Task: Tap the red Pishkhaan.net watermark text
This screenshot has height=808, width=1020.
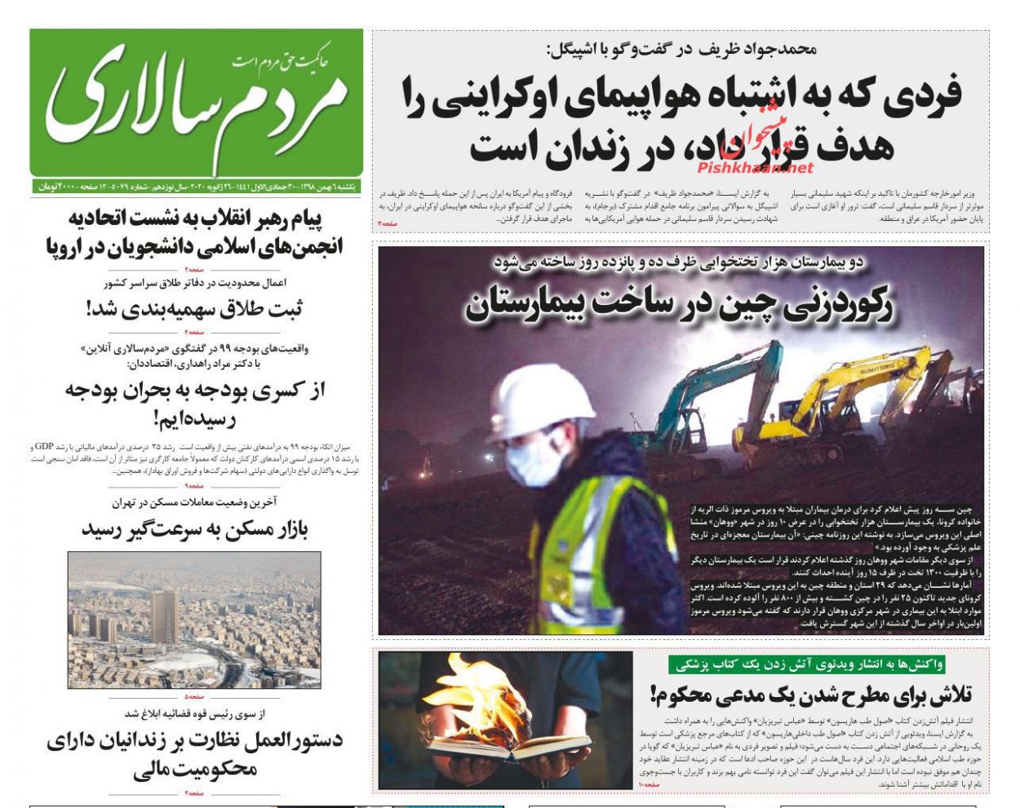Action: click(755, 168)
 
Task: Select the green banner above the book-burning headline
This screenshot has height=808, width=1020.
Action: click(806, 665)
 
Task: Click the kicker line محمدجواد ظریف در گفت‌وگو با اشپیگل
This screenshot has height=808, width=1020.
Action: click(681, 49)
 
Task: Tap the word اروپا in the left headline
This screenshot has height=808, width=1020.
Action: click(70, 245)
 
